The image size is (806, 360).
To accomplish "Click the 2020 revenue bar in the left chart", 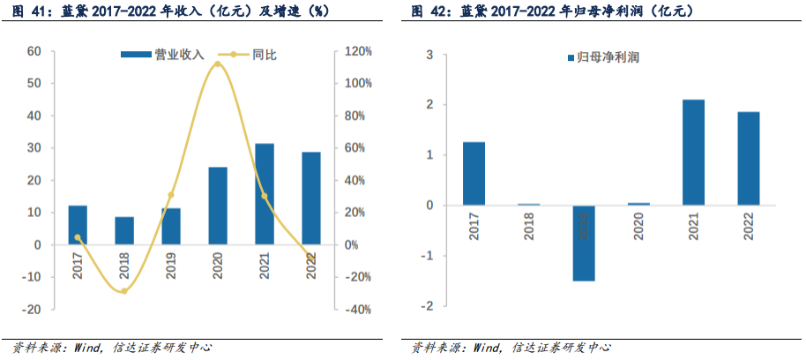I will point(217,206).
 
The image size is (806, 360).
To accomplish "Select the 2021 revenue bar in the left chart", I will point(264,193).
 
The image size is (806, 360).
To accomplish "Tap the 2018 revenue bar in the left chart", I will point(124,230).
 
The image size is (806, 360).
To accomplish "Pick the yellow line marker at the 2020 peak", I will point(217,64).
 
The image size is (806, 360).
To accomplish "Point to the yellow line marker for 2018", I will point(124,290).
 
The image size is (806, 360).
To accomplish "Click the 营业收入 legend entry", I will point(162,55).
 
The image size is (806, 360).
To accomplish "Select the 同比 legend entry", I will point(250,55).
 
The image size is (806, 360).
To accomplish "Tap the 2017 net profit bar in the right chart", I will point(474,173).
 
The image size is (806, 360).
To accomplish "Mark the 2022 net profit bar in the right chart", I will point(749,158).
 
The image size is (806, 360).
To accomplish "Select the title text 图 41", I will point(22,11).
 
